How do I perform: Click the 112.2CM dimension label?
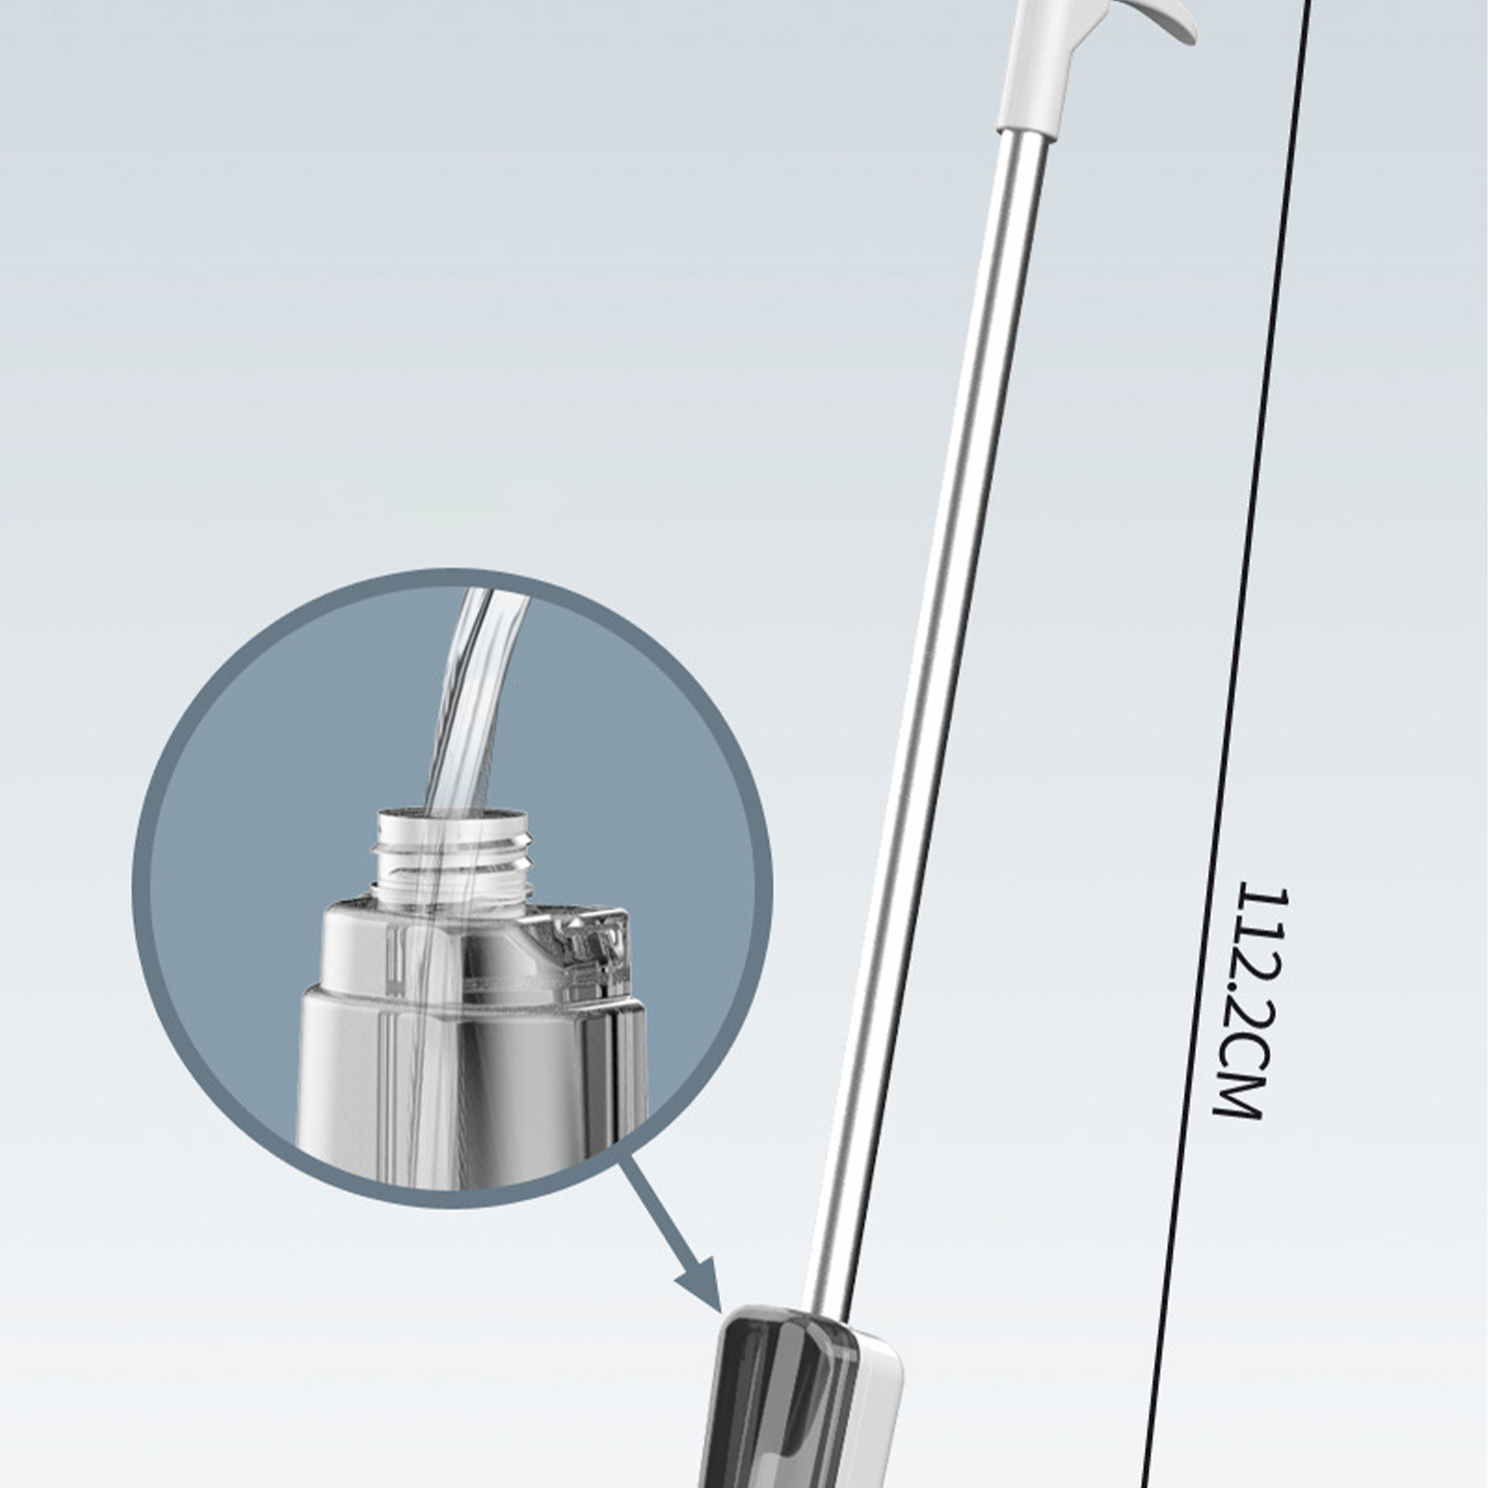pos(1251,1002)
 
